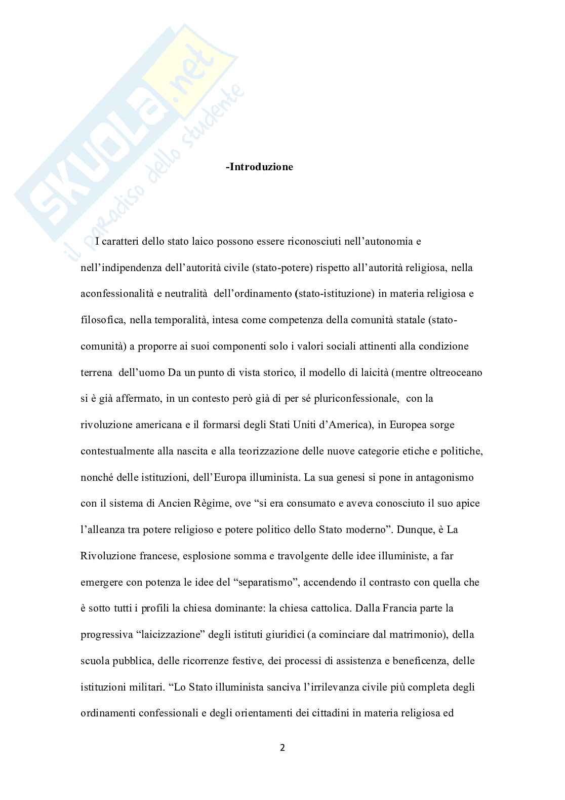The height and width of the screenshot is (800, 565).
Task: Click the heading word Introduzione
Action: click(261, 167)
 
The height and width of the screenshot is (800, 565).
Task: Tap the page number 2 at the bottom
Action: click(282, 747)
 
